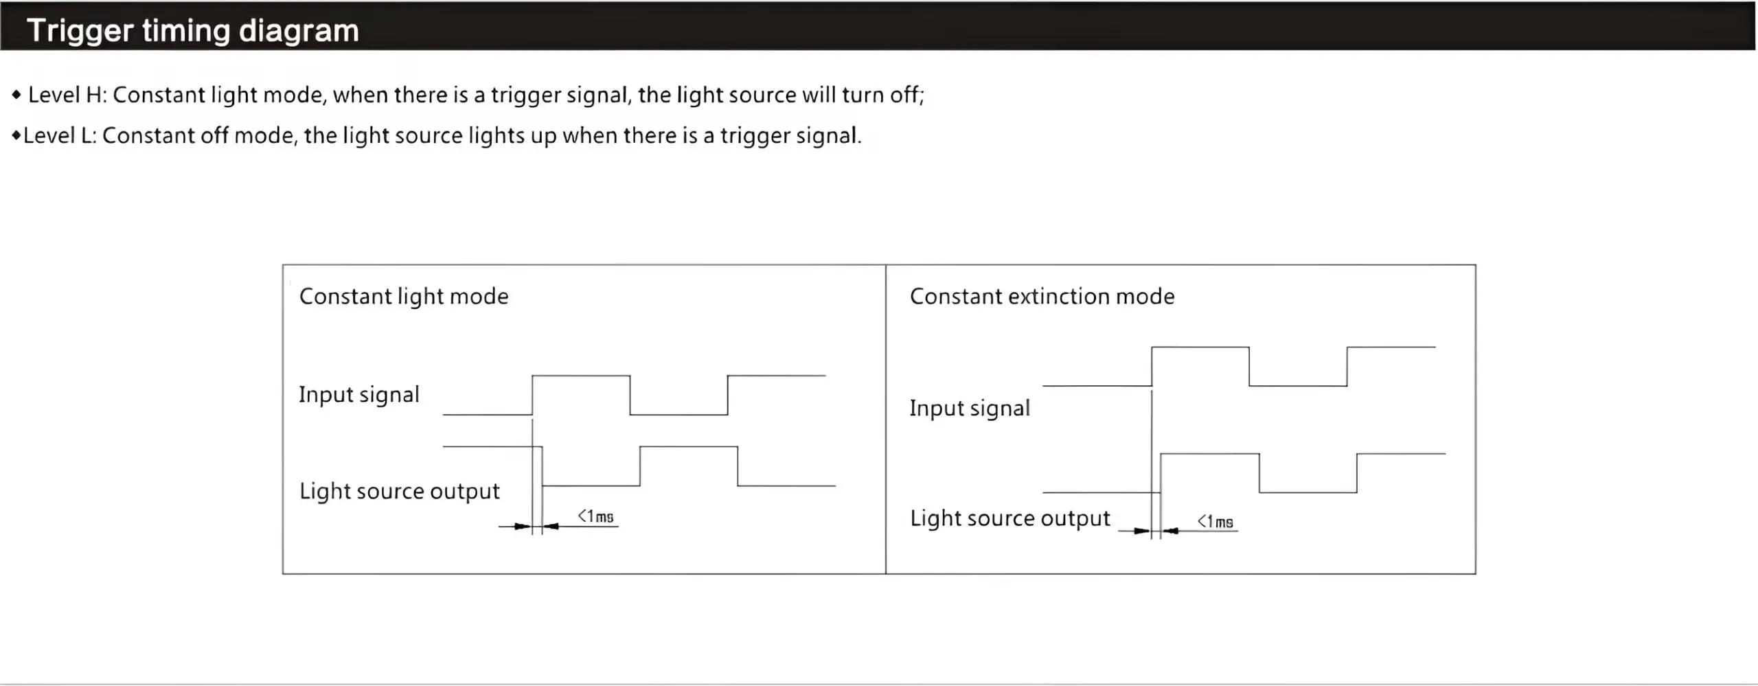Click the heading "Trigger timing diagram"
[192, 31]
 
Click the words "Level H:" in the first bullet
[67, 95]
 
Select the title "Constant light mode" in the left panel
[404, 297]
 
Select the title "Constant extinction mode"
[1042, 297]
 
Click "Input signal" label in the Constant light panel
[358, 395]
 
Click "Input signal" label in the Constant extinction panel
[970, 409]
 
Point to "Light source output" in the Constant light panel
[399, 492]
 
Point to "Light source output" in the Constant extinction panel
[1009, 518]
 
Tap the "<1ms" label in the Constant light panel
[595, 516]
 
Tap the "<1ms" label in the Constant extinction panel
[1215, 522]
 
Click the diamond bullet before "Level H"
[16, 95]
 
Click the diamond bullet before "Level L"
[16, 136]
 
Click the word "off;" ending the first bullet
[907, 95]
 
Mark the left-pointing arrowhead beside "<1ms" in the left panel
[551, 527]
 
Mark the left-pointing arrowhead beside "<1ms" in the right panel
[1171, 531]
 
